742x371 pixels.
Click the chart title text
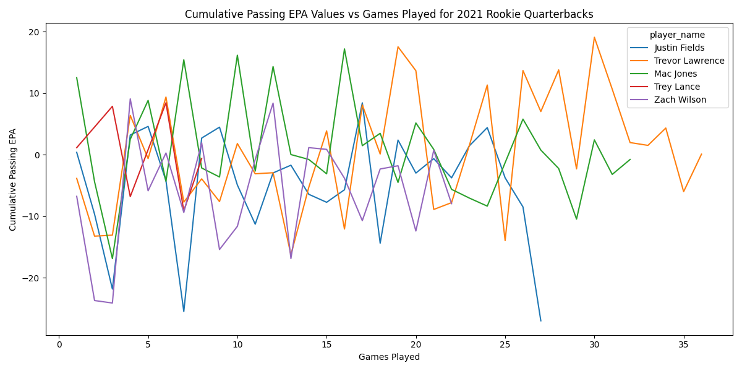coord(389,14)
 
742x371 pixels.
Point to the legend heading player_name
coord(677,35)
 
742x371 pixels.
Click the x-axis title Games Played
coord(389,357)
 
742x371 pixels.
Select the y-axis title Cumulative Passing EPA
coord(13,179)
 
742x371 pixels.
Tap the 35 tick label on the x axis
coord(683,344)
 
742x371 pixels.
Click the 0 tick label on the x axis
coord(59,344)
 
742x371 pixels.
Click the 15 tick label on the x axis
coord(326,344)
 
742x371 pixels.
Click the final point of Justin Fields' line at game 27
coord(540,320)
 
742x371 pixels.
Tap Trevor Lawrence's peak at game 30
coord(594,37)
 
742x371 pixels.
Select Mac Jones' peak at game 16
coord(344,49)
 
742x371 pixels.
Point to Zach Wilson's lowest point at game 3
coord(113,303)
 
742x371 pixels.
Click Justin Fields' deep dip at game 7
coord(184,311)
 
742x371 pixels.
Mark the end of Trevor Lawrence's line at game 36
coord(701,154)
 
